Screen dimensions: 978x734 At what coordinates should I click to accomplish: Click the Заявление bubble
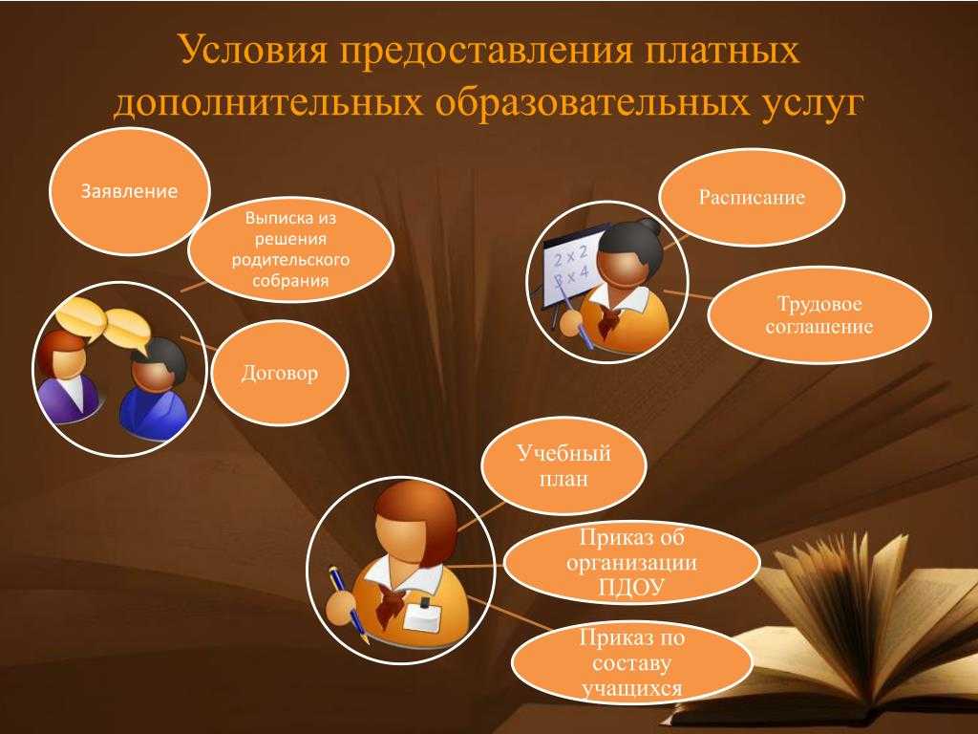[129, 191]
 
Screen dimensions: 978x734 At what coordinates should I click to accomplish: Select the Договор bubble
[280, 374]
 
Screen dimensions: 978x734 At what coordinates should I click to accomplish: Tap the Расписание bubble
[752, 197]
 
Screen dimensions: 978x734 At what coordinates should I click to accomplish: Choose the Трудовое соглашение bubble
[819, 315]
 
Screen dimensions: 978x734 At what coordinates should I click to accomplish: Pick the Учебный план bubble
[563, 465]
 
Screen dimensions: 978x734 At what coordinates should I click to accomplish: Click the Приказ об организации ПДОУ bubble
[632, 562]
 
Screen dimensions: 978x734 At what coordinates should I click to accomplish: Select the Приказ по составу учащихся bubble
[632, 663]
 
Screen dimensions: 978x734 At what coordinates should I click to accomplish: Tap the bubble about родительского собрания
[290, 249]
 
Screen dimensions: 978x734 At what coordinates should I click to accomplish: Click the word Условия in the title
[253, 50]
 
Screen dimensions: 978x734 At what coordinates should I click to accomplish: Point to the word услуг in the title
[813, 103]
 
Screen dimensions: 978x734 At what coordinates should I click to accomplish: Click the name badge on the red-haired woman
[423, 616]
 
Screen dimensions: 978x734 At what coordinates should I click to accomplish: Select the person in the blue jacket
[153, 390]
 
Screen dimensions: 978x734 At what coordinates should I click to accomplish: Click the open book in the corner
[830, 631]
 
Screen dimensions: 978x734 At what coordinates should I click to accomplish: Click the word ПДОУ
[631, 588]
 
